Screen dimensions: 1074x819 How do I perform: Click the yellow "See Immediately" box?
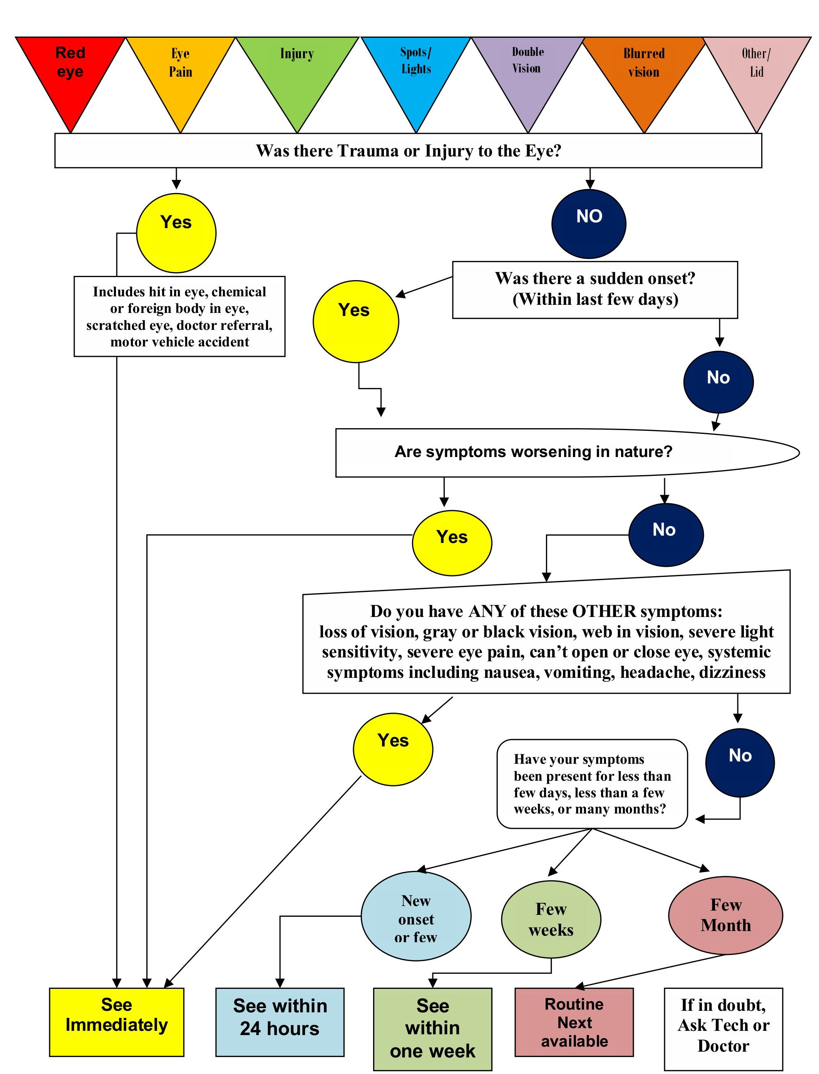(x=117, y=1021)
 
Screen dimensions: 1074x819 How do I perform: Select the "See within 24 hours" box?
(x=280, y=1021)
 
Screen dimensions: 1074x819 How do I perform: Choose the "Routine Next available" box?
(x=574, y=1021)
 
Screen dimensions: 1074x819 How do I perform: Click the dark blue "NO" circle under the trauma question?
(x=589, y=223)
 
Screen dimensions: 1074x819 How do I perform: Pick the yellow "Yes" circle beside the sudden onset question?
(x=355, y=321)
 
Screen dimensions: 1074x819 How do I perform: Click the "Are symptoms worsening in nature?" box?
(x=533, y=452)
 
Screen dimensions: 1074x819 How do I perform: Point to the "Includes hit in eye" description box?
(x=179, y=316)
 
